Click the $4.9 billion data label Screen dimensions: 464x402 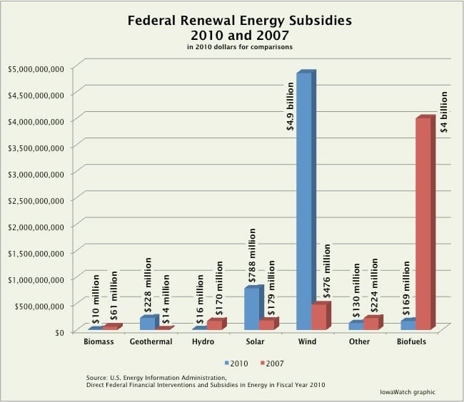pos(291,106)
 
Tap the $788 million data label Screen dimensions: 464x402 pos(252,255)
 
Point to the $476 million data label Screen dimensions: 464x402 pos(327,271)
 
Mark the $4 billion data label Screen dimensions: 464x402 pos(444,112)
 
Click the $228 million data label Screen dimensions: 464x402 pos(148,284)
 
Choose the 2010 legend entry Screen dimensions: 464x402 pos(236,364)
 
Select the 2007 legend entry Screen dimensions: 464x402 pos(272,364)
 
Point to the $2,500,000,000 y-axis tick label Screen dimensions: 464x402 pos(36,201)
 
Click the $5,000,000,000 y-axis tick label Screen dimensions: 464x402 pos(36,69)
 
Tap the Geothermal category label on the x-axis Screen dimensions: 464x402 pos(151,341)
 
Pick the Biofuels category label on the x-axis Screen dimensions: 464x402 pos(411,341)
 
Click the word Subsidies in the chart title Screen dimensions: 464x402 pos(321,21)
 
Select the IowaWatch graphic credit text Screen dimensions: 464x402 pos(408,392)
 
